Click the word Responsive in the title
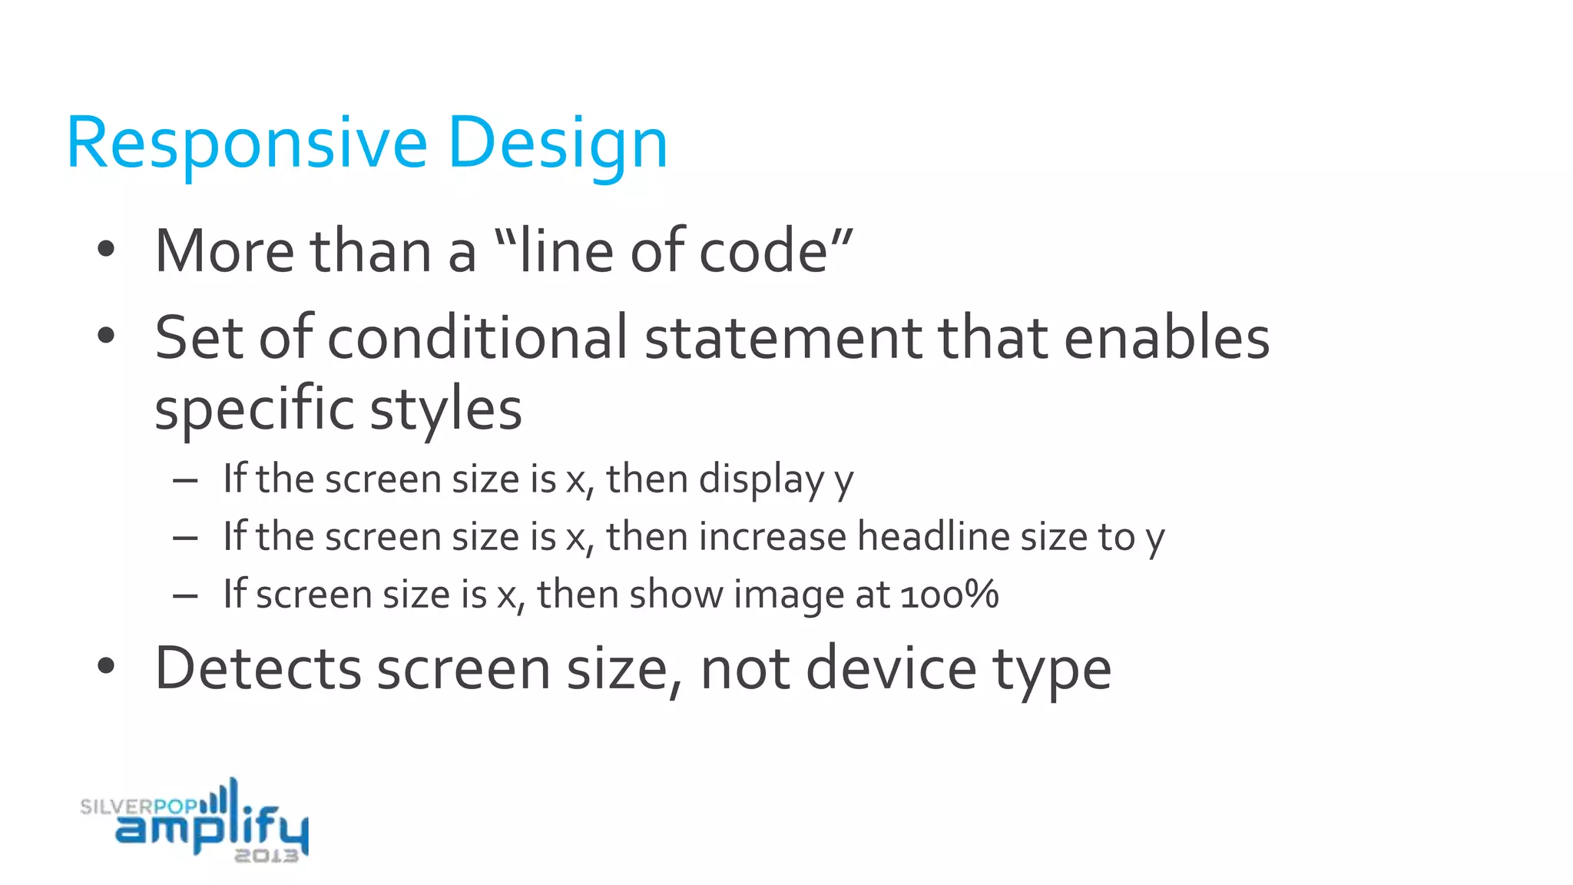(x=247, y=144)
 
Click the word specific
(x=253, y=409)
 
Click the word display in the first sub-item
(x=761, y=479)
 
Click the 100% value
(x=949, y=595)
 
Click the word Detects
(x=258, y=668)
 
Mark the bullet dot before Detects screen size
(x=106, y=667)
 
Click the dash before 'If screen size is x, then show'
(x=186, y=595)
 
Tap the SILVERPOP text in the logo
(x=138, y=807)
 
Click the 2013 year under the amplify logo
(x=266, y=856)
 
